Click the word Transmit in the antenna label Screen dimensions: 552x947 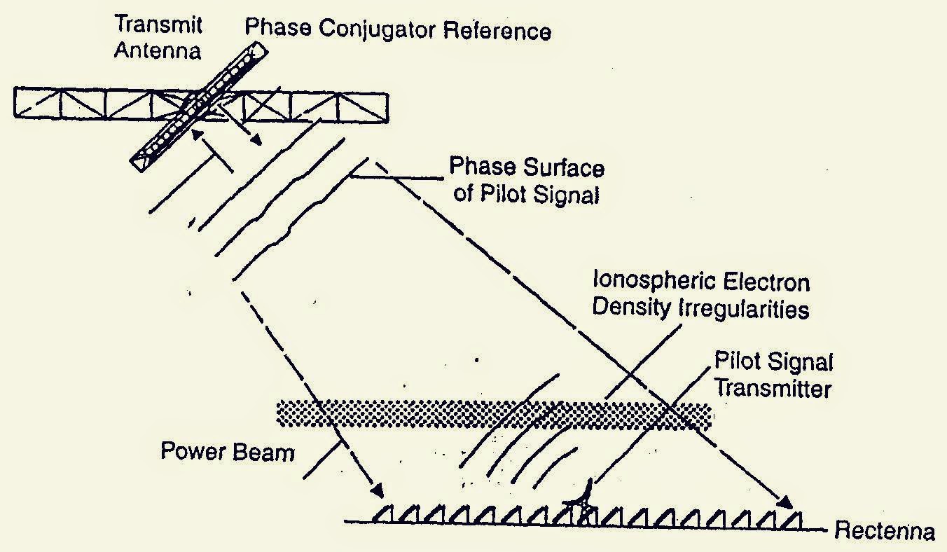(x=159, y=25)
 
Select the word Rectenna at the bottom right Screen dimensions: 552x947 (x=884, y=532)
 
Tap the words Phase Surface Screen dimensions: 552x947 (x=526, y=167)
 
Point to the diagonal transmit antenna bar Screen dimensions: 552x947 (x=200, y=105)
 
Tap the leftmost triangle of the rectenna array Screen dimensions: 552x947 (x=382, y=514)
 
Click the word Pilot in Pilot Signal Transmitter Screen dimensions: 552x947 (x=736, y=362)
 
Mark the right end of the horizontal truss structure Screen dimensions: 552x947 (x=385, y=107)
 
